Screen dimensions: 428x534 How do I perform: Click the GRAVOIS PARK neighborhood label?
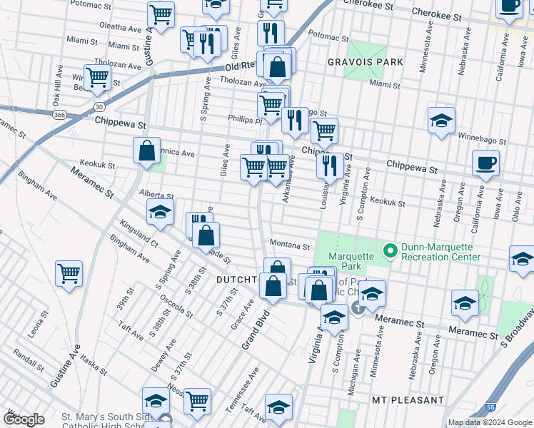point(365,62)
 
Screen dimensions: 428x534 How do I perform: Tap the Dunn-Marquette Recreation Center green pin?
point(390,251)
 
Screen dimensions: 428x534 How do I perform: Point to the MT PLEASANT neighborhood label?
point(408,400)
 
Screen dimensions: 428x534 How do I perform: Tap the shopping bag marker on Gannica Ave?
point(146,151)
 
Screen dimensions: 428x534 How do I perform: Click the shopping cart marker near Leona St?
point(69,272)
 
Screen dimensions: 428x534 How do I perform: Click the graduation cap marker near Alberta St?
point(161,211)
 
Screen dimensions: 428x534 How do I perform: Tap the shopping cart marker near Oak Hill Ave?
point(97,77)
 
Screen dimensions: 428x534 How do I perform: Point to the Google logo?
point(24,419)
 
